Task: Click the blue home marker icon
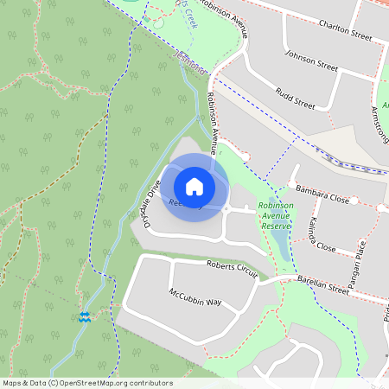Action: (194, 186)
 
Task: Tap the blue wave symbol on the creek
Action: (85, 317)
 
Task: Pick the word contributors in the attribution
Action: (151, 383)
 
